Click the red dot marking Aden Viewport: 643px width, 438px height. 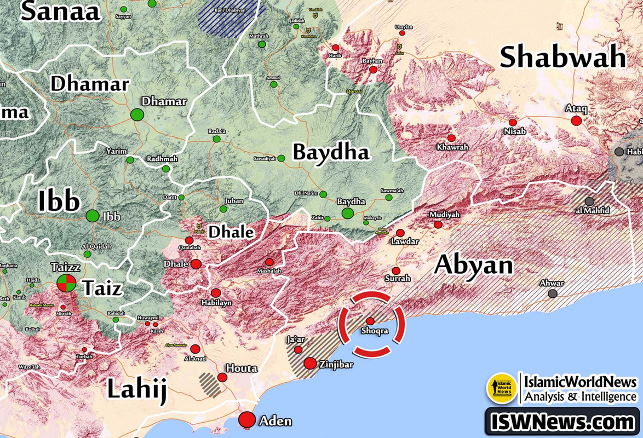[x=248, y=419]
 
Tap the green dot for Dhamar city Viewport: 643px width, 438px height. [x=137, y=115]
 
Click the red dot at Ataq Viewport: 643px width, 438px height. [x=576, y=121]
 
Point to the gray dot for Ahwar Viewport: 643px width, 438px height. [x=553, y=293]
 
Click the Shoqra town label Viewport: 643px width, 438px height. [x=375, y=331]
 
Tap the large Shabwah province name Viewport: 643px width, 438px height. [x=562, y=57]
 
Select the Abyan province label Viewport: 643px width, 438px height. [x=474, y=265]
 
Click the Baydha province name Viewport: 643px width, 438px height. [x=331, y=152]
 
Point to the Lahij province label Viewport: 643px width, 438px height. [x=136, y=390]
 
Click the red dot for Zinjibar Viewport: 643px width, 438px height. [x=311, y=363]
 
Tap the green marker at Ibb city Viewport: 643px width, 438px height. [x=93, y=217]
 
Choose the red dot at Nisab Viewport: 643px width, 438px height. [x=513, y=123]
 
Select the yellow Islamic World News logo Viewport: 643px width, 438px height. [x=502, y=388]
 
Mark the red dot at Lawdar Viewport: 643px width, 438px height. [x=400, y=233]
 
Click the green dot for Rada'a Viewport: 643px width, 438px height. [x=217, y=139]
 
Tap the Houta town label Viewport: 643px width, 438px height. [x=242, y=368]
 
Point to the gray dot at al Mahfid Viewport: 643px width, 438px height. [x=589, y=201]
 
